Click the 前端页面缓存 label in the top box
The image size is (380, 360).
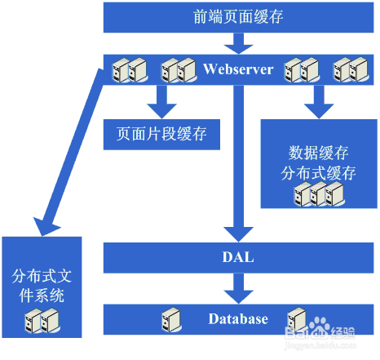(x=240, y=17)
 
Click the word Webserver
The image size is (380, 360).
(x=238, y=69)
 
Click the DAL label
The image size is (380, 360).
(x=238, y=258)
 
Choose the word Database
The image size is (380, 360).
(x=237, y=318)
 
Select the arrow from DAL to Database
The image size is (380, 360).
(x=238, y=287)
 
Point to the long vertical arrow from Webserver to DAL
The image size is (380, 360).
(x=238, y=163)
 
